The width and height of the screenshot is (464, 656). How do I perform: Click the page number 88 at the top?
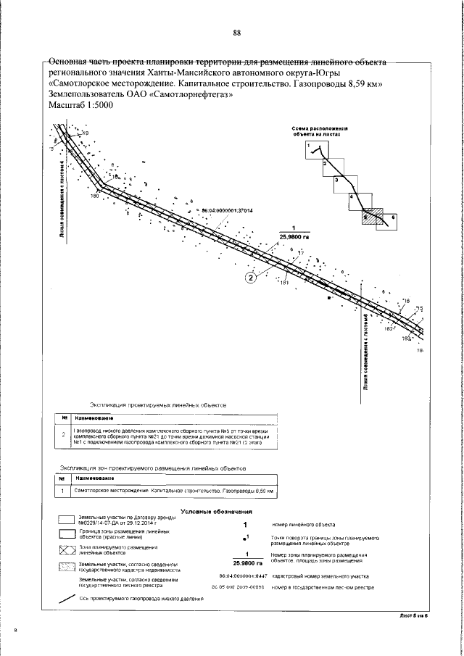coord(237,33)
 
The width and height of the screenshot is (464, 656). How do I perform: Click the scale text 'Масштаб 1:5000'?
coord(80,106)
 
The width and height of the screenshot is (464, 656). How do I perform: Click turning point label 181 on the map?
coord(284,283)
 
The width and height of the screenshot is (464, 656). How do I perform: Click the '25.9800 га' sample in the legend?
coord(247,562)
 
